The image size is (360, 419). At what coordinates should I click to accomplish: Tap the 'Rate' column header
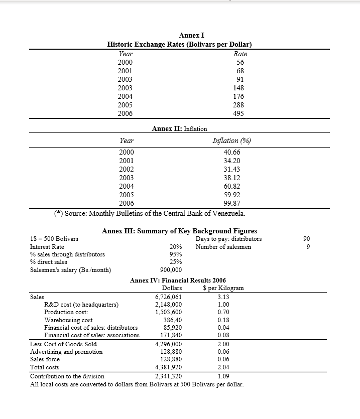point(241,53)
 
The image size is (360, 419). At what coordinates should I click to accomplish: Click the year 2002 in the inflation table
point(126,169)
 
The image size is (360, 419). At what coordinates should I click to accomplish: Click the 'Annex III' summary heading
point(179,231)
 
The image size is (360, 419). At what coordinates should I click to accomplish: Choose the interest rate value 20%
point(176,247)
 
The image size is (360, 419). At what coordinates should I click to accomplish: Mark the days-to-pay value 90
point(314,239)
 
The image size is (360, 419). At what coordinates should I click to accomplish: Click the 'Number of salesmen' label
point(223,246)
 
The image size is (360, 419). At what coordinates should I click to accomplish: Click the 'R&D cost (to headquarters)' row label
point(81,305)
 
